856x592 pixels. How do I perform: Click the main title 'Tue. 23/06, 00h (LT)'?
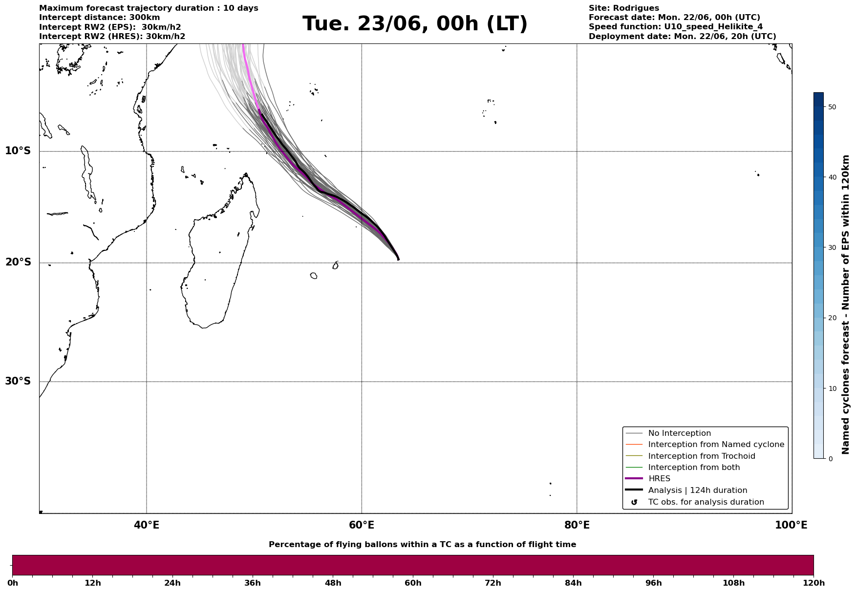[415, 24]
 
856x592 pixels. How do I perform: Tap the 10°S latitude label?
[18, 151]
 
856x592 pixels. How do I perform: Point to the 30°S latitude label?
[18, 381]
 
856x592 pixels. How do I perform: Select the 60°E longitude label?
[362, 525]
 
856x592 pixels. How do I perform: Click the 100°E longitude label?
[791, 525]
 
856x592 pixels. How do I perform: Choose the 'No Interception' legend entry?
[679, 433]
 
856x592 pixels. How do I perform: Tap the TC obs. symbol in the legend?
[634, 502]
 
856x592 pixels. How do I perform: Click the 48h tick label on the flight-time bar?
[333, 583]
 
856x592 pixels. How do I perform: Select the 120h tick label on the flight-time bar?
[813, 583]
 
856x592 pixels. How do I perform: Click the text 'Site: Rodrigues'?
[624, 8]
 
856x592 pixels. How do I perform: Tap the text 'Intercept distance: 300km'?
[100, 18]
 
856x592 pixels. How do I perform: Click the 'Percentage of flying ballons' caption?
[422, 545]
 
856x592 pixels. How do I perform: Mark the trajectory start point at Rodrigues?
[398, 259]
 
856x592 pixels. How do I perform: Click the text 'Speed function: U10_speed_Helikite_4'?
[676, 27]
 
